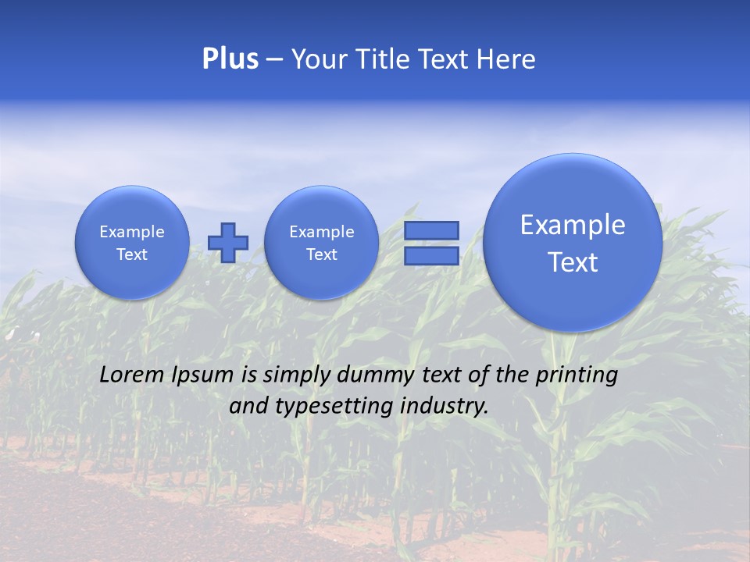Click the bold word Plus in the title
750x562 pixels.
(230, 59)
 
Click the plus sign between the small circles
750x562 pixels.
(228, 243)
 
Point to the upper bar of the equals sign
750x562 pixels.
(431, 230)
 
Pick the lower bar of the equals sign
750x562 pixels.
(431, 256)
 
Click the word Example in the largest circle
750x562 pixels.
(573, 225)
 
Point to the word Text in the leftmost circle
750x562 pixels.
(131, 254)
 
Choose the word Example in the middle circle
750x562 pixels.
(321, 232)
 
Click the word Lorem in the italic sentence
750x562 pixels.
(128, 375)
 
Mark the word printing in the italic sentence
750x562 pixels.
(577, 375)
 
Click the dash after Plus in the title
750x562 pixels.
(274, 60)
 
